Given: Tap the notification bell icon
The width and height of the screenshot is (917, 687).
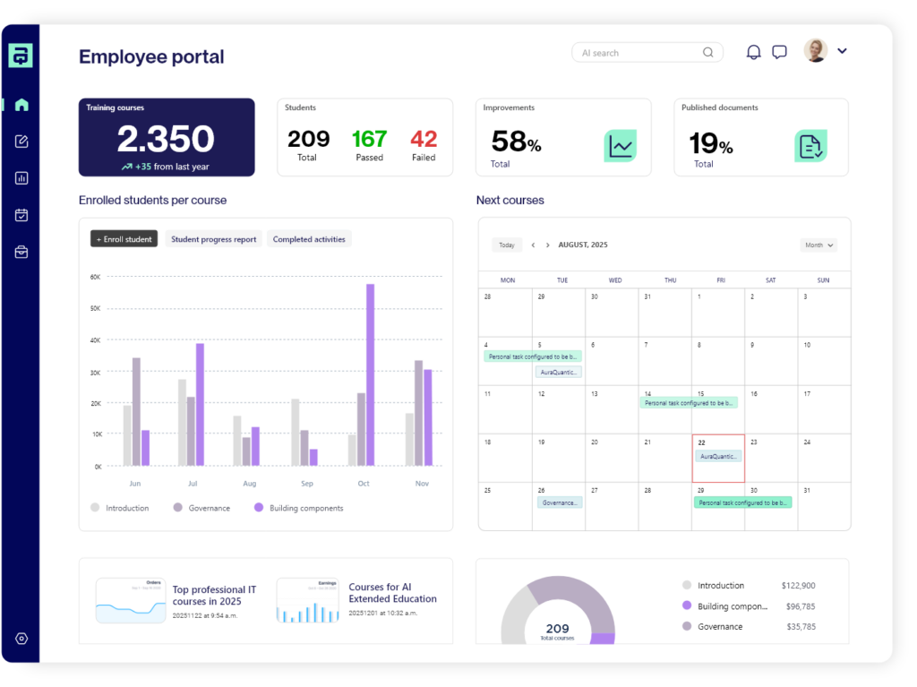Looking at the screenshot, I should tap(754, 52).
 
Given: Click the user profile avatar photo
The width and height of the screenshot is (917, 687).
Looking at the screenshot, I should tap(815, 50).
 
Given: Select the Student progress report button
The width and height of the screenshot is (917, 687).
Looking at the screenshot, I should tap(213, 239).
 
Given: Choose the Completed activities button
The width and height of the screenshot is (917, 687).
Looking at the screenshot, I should tap(310, 239).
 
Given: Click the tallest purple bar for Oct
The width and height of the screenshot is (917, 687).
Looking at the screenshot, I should tap(370, 374).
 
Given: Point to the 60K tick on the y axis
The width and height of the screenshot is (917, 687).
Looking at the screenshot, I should tap(95, 277).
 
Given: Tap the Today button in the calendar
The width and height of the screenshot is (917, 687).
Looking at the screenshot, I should tap(507, 245).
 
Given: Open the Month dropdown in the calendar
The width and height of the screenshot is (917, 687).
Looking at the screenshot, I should tap(818, 245).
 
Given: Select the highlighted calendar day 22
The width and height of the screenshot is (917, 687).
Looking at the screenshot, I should tap(718, 458).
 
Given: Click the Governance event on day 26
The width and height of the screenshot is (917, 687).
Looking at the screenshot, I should tap(560, 502).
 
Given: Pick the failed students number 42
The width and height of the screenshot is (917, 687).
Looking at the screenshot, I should tap(424, 139).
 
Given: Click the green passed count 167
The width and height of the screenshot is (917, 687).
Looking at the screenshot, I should tap(369, 139).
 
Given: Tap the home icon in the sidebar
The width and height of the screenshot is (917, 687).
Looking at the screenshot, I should tap(21, 105).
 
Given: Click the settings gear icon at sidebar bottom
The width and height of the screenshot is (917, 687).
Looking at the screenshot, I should tap(21, 639).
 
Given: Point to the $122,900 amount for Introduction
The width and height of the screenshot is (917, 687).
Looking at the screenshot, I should tap(798, 586).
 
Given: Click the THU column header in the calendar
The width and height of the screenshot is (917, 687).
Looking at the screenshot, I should tap(671, 280).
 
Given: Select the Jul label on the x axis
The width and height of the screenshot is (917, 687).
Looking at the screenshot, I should tap(192, 484).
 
